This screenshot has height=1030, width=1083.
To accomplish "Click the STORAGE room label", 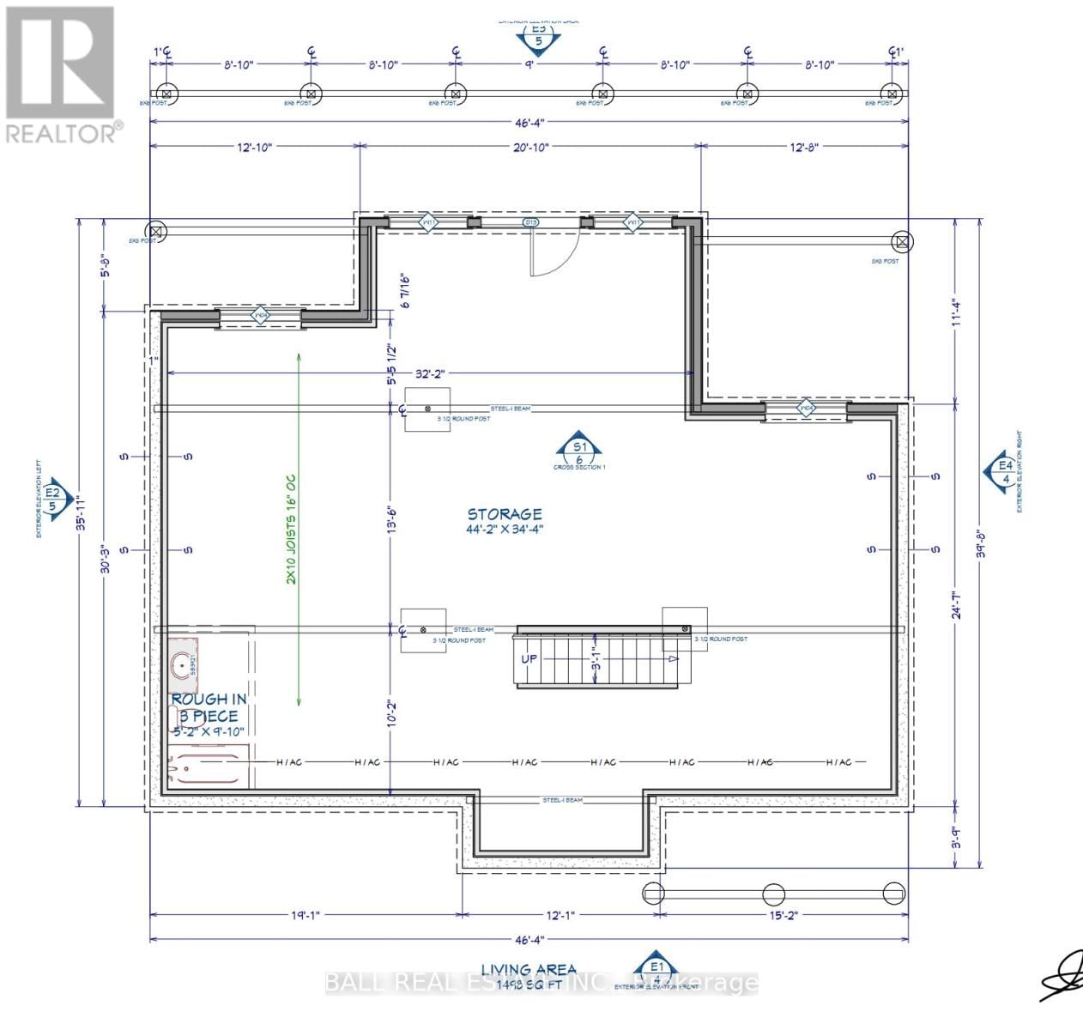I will click(505, 514).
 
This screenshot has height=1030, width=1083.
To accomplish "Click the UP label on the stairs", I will click(529, 659).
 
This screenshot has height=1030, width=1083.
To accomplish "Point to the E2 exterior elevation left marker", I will click(54, 497).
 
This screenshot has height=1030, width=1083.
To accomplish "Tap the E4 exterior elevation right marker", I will click(1004, 470).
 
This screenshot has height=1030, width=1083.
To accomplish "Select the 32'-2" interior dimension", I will click(429, 373).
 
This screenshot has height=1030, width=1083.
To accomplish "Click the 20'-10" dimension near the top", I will click(530, 147).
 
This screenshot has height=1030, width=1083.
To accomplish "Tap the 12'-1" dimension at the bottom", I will click(560, 915).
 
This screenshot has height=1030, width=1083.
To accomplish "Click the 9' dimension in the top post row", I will click(529, 64).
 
